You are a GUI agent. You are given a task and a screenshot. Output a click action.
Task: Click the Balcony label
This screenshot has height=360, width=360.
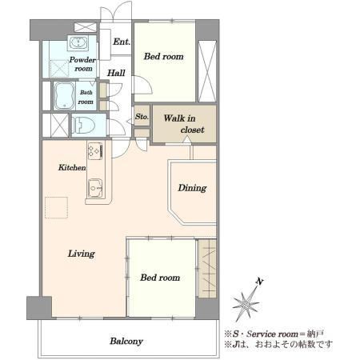tap(126, 341)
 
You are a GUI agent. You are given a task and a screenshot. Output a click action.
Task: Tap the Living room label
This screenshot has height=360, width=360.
tap(82, 254)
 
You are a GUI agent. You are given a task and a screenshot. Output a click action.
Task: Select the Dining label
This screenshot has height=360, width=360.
tap(192, 188)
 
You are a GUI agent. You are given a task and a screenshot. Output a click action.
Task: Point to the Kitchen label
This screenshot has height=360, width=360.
tap(72, 167)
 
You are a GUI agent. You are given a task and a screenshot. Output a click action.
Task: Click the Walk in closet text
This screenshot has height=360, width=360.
tap(184, 124)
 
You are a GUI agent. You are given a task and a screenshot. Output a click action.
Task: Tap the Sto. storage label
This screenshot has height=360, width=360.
tap(142, 117)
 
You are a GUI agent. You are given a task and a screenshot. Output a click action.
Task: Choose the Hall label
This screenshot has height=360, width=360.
tap(116, 73)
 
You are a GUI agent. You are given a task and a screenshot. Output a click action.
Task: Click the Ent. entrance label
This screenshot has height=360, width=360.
tap(122, 42)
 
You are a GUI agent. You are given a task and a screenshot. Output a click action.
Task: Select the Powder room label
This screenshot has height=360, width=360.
tap(82, 64)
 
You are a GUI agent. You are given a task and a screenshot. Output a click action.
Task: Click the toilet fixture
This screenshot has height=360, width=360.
tap(83, 125)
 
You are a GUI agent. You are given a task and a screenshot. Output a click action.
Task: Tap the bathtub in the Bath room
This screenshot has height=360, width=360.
tap(64, 96)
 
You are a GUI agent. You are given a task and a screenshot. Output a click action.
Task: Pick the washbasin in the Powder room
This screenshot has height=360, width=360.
tap(78, 42)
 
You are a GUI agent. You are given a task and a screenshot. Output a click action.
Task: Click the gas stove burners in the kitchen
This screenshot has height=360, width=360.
tap(95, 151)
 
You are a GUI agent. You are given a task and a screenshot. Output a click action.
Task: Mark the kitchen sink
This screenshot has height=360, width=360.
tap(95, 188)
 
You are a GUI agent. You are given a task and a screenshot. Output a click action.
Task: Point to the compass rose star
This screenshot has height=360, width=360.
tap(246, 305)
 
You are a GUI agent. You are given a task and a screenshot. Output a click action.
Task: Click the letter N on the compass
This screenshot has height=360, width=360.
tap(259, 281)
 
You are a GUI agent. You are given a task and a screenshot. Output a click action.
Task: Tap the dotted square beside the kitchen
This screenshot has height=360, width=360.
tap(56, 207)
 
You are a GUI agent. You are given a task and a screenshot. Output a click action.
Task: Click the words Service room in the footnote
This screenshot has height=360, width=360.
tap(272, 334)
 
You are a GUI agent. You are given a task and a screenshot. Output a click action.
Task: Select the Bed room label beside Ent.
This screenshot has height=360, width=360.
tap(164, 56)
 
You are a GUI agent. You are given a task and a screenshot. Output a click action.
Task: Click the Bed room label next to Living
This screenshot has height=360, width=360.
tap(160, 278)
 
